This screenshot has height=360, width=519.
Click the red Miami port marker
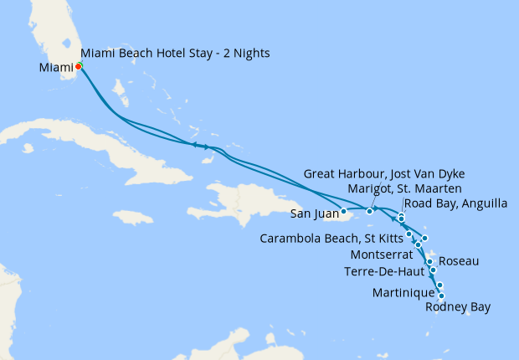click(x=78, y=67)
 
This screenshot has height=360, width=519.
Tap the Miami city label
click(x=55, y=68)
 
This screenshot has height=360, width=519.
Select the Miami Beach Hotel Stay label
click(x=175, y=54)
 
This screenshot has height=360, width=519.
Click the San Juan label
click(x=314, y=213)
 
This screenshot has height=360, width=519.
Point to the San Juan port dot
click(x=343, y=212)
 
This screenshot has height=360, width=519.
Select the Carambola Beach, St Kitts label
click(x=331, y=236)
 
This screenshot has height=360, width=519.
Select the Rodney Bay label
click(x=457, y=307)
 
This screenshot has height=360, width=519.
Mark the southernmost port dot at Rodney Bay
click(x=441, y=296)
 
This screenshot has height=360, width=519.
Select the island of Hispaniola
click(x=251, y=201)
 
